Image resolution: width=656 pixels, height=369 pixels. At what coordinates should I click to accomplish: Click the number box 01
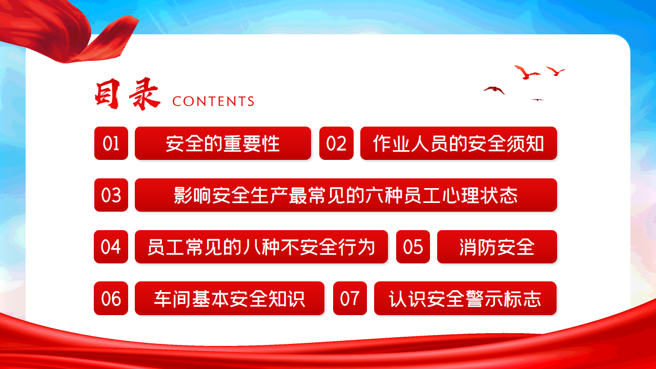tap(111, 143)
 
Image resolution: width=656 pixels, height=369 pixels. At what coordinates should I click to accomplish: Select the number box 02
tap(336, 143)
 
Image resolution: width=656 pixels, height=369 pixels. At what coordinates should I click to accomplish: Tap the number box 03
tap(111, 195)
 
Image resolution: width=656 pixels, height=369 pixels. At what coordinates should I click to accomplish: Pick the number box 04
tap(111, 247)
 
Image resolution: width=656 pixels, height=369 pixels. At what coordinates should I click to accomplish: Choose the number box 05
tap(413, 247)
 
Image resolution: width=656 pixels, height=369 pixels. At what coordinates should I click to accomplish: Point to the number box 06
tap(111, 298)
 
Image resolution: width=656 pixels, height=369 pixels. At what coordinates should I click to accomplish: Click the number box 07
tap(350, 298)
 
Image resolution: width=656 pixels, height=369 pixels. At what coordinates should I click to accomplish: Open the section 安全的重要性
tap(223, 143)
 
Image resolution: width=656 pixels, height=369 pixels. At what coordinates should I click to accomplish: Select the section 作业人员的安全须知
tap(459, 143)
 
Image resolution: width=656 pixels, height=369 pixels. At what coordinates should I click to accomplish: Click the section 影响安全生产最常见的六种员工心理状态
tap(346, 195)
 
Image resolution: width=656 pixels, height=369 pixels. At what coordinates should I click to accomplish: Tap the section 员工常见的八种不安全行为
tap(261, 247)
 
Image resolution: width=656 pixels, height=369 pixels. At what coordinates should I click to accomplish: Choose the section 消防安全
tap(497, 247)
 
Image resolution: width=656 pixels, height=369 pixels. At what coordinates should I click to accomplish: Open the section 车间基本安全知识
tap(230, 298)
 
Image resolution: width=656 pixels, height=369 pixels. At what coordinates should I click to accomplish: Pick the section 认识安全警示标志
tap(465, 298)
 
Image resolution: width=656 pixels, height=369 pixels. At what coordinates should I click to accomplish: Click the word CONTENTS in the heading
tap(213, 101)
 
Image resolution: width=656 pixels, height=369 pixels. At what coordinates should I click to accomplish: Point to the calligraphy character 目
tap(108, 94)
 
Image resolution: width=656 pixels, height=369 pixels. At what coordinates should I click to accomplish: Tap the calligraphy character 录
tap(145, 94)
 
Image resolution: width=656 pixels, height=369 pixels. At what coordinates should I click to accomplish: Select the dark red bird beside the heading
tap(495, 90)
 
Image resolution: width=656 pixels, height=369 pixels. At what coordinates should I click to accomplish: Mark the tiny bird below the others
tap(538, 100)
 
